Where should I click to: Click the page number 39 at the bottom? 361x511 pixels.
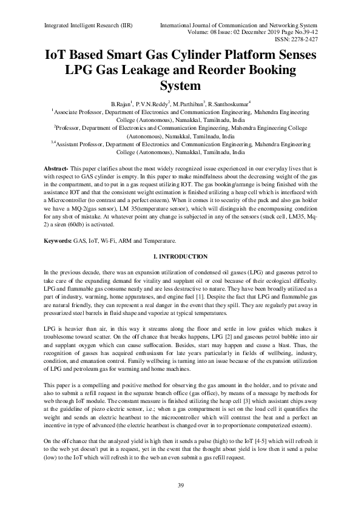[x=180, y=484]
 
